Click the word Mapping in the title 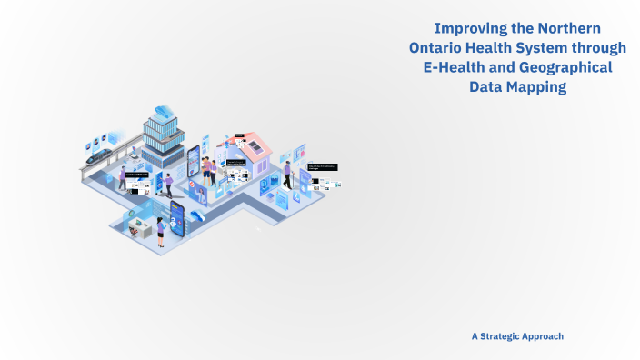pos(533,87)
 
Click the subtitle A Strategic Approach pos(517,335)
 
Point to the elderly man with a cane pos(286,173)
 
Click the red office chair pos(194,187)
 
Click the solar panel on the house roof pos(258,146)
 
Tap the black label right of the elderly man pos(322,166)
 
